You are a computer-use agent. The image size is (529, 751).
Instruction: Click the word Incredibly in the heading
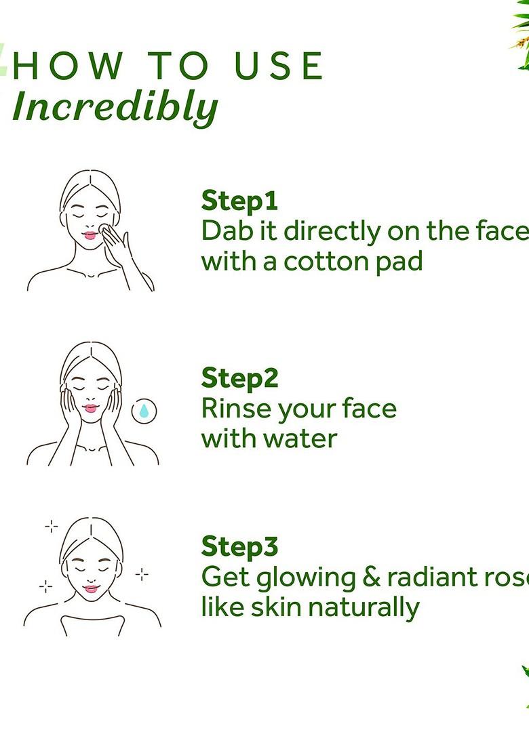115,107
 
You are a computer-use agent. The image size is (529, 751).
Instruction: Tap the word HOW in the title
68,66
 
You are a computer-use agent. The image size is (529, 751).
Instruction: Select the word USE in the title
279,66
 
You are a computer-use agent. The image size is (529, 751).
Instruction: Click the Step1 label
239,201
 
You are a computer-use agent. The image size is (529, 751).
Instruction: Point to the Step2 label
239,378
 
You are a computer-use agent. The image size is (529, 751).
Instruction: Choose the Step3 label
239,546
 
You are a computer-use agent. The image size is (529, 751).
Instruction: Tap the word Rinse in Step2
233,408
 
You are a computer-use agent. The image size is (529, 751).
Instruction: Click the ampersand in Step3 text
369,577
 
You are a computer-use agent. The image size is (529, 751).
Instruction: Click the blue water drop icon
144,411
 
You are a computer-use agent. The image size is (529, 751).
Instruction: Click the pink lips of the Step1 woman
90,236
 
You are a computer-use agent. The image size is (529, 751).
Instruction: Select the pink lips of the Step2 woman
90,408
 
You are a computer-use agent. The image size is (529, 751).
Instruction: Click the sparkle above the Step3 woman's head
51,526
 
